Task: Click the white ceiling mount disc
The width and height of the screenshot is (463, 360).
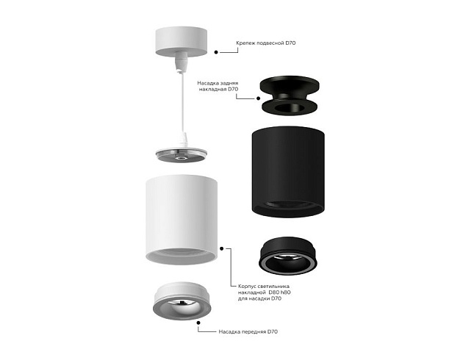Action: pyautogui.click(x=182, y=40)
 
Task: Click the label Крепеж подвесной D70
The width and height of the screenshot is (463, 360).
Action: pyautogui.click(x=265, y=44)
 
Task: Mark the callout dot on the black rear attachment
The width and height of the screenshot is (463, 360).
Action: pyautogui.click(x=259, y=97)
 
